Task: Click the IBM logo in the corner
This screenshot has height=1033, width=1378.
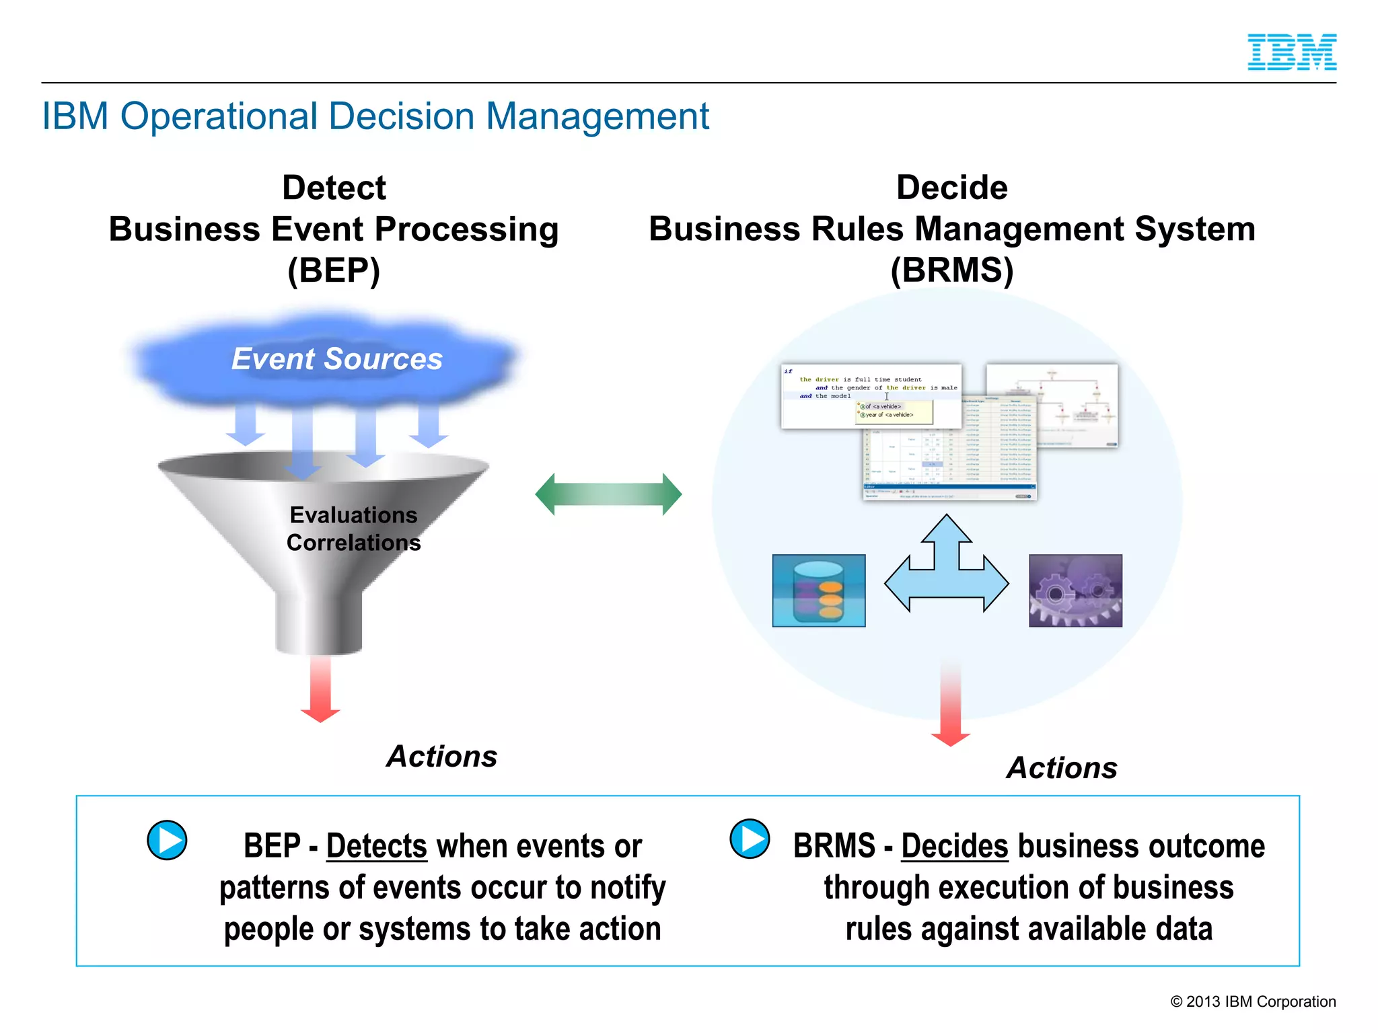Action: [1291, 52]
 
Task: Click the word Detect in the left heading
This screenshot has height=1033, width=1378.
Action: [334, 188]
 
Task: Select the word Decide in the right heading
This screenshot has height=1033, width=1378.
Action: [951, 188]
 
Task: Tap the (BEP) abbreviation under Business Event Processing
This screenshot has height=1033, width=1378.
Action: [334, 270]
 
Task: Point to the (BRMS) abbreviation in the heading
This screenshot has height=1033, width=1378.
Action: [951, 270]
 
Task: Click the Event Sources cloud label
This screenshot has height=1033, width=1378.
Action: [336, 358]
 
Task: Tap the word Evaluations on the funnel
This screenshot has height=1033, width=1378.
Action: [353, 515]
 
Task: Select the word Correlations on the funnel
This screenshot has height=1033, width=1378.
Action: [353, 543]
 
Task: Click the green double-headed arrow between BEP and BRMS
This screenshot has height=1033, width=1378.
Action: [608, 494]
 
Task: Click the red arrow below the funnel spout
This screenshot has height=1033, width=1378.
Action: [320, 689]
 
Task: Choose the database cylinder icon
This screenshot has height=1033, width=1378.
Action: [818, 590]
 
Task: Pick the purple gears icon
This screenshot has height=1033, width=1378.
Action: [1075, 590]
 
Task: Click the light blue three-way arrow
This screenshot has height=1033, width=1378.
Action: [946, 572]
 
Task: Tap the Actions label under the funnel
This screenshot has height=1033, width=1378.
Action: [441, 757]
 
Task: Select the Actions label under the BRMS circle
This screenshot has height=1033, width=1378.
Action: [1062, 768]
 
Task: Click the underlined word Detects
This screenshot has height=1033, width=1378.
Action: [376, 846]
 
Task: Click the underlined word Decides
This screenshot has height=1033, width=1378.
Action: [954, 846]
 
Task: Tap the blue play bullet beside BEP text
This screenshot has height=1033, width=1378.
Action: [167, 840]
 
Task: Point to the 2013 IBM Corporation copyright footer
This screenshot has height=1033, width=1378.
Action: [1253, 1001]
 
